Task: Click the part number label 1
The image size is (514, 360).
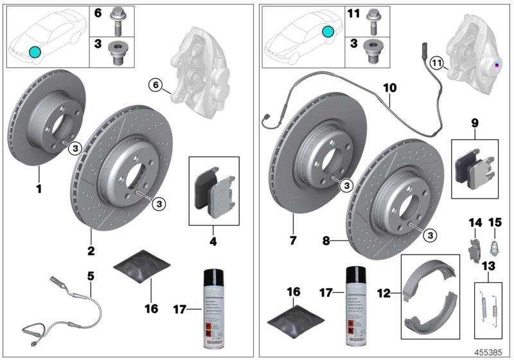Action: tap(39, 190)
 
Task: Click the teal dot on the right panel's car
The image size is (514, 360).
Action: tap(328, 32)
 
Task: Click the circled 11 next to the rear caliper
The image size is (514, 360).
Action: tap(436, 63)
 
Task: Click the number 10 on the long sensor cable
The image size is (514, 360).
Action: tap(390, 103)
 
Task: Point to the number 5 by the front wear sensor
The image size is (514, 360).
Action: tap(91, 276)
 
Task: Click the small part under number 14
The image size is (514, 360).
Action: tap(473, 248)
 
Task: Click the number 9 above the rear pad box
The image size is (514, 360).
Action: tap(475, 121)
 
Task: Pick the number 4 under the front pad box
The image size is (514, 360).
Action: tap(213, 244)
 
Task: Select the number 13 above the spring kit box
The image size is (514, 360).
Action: tap(489, 265)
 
